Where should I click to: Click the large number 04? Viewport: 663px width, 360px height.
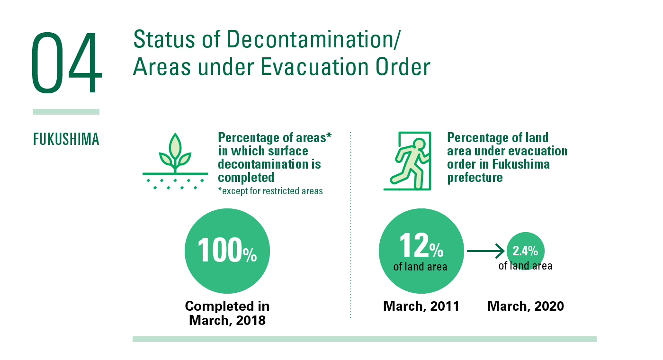67,63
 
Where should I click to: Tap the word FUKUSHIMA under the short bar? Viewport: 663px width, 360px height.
66,139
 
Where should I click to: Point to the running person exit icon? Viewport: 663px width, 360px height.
408,161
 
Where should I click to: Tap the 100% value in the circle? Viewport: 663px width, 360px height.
227,251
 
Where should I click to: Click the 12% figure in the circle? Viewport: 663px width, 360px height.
421,245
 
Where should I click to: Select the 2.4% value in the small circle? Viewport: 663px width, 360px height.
525,251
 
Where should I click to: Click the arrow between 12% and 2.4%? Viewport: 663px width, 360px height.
485,251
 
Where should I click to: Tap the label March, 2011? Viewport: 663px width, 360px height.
421,306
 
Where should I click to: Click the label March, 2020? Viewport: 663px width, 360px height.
526,306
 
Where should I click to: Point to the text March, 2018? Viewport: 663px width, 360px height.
227,320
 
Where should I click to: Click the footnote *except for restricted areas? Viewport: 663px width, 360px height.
270,191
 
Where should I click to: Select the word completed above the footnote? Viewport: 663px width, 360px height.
246,178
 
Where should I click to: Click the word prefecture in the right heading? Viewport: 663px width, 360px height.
475,178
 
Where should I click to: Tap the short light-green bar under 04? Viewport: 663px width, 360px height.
66,112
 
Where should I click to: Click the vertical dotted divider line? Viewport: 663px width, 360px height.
350,225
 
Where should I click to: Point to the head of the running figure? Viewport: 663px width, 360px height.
419,144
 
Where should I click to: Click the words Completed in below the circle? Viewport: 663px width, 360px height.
227,306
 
